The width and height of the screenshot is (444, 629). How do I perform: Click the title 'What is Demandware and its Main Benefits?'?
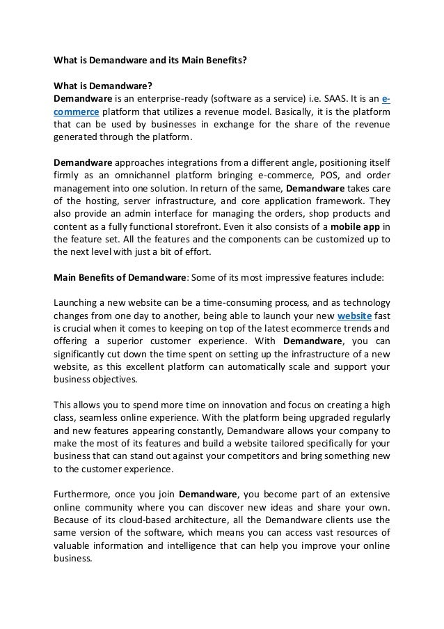pos(150,61)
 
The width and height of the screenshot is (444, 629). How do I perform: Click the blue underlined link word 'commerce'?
pos(77,112)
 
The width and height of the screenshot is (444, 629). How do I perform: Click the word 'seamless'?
pos(109,417)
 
